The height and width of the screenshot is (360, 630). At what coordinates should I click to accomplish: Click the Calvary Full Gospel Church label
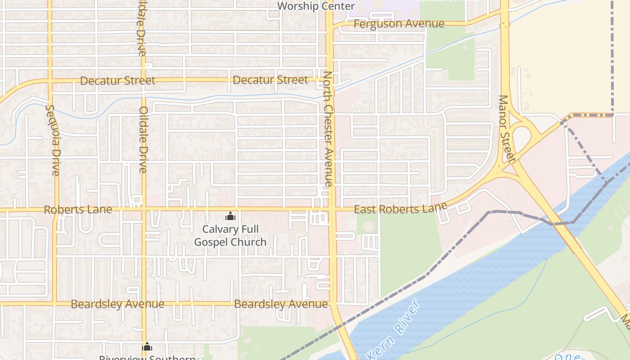[x=230, y=235]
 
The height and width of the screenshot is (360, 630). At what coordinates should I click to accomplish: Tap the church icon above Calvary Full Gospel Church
[x=230, y=216]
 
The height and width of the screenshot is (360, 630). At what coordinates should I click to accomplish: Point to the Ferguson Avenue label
[x=399, y=24]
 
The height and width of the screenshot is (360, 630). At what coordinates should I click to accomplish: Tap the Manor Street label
[x=507, y=129]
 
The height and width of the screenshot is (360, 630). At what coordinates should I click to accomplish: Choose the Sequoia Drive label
[x=53, y=140]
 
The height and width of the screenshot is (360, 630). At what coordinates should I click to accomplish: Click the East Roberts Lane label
[x=400, y=208]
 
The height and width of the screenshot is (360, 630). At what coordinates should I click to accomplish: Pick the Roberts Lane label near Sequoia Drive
[x=77, y=210]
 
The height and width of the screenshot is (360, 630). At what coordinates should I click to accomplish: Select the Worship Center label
[x=316, y=6]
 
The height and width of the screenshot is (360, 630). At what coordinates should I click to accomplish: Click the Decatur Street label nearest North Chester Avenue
[x=270, y=80]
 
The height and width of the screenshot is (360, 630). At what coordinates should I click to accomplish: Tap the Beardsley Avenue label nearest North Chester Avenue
[x=281, y=304]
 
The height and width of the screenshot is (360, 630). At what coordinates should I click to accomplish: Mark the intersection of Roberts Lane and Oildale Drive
[x=144, y=210]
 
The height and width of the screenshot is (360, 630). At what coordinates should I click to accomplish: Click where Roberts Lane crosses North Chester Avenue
[x=332, y=210]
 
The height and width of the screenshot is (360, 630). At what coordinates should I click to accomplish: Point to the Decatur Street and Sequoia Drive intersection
[x=50, y=81]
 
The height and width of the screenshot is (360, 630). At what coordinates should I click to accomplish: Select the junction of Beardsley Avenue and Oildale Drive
[x=144, y=304]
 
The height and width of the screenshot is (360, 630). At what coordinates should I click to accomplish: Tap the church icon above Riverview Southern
[x=147, y=346]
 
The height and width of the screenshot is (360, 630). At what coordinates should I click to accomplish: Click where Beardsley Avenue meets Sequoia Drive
[x=54, y=304]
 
